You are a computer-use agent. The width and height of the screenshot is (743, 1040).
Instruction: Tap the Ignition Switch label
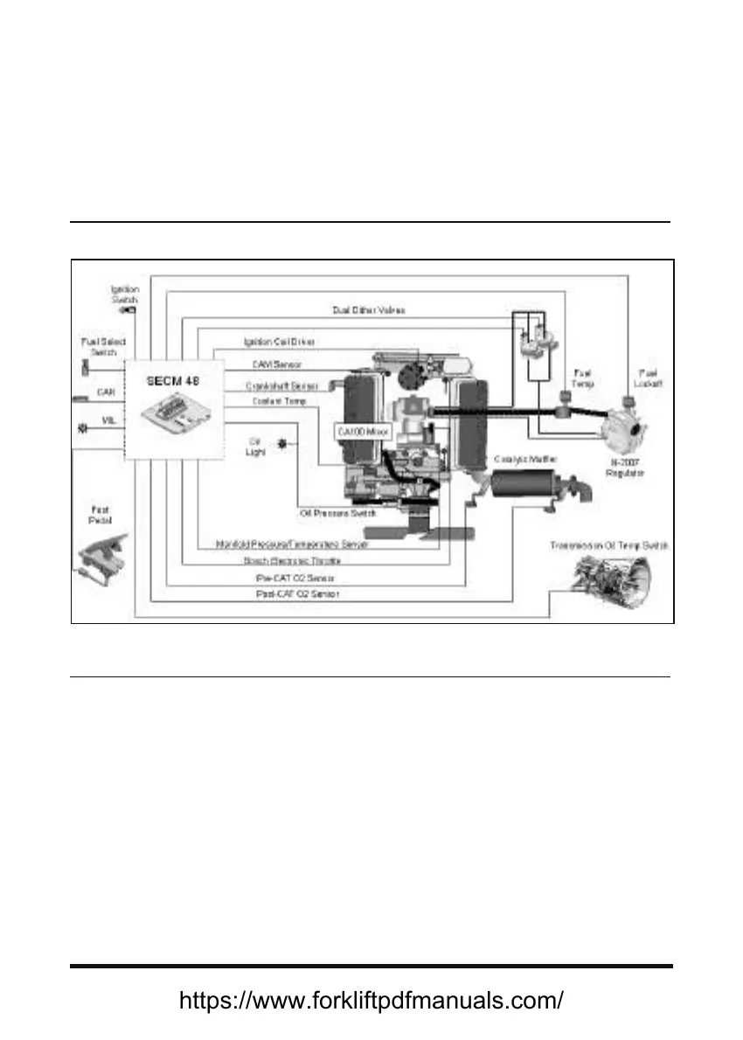coord(125,295)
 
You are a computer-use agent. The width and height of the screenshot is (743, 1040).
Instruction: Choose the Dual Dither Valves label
coord(369,310)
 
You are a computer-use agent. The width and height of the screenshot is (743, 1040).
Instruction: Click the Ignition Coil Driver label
coord(280,342)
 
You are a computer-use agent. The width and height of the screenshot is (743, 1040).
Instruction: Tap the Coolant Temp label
coord(280,401)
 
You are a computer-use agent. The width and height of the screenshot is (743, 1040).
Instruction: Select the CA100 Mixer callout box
coord(361,432)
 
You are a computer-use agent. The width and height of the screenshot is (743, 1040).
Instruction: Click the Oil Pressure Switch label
coord(338,514)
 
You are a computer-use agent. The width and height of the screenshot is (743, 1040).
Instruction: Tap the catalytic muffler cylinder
coord(522,485)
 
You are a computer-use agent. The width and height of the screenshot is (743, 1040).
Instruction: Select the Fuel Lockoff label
coord(648,378)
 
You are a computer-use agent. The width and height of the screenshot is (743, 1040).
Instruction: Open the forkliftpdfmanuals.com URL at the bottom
coord(371,1001)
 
